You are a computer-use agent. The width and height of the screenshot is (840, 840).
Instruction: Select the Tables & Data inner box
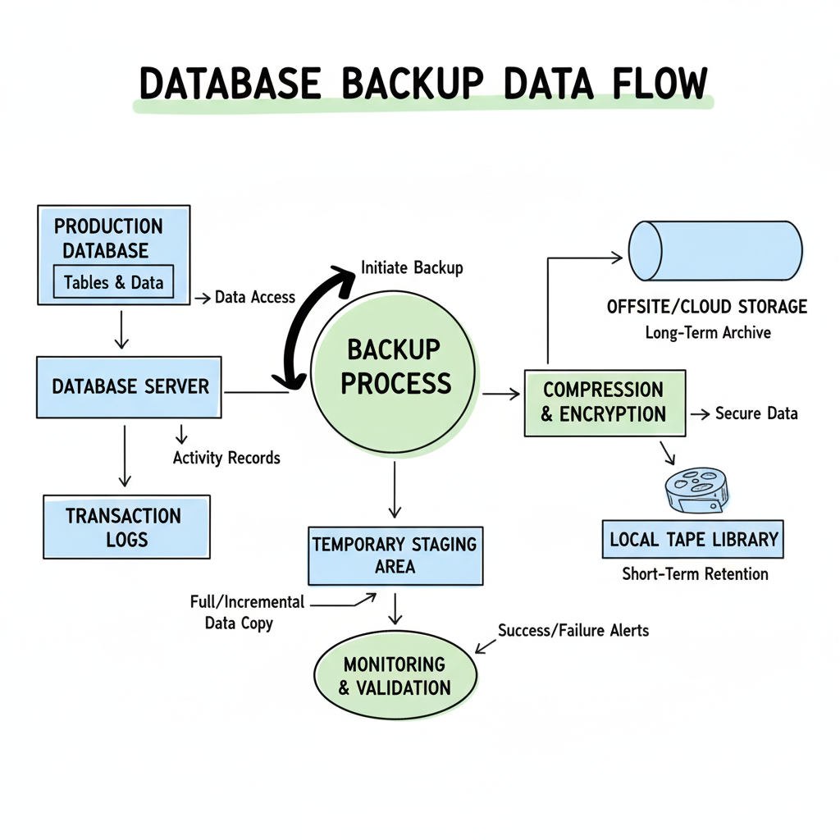113,282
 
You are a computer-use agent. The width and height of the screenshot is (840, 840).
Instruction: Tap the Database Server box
129,386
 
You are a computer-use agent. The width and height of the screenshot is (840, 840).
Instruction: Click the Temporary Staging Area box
395,555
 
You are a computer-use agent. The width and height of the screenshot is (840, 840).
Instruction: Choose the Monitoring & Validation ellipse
395,675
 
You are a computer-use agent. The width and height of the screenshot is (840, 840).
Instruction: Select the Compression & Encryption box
604,402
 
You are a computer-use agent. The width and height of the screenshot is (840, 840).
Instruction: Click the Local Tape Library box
692,540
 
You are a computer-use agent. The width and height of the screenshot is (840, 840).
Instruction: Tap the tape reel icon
696,491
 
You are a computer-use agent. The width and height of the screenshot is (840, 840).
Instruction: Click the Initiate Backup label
412,268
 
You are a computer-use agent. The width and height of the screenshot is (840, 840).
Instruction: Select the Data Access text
254,298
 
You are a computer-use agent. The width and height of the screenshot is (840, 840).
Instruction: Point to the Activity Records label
226,458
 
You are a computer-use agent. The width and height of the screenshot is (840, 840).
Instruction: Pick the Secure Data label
756,413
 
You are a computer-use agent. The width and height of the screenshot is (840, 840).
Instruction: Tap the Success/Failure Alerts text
573,631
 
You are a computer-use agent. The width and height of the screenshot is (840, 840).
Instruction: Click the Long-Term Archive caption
707,333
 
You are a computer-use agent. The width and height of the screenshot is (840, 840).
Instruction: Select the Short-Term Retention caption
695,573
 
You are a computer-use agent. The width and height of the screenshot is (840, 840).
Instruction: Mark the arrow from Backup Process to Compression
501,395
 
